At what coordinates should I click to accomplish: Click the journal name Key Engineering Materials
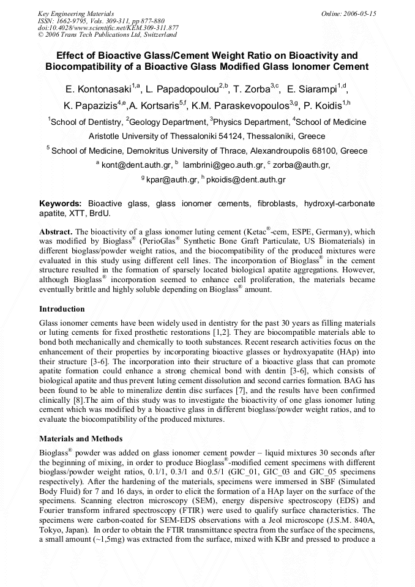75,13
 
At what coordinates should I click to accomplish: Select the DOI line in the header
108,28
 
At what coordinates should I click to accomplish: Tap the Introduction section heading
62,309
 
